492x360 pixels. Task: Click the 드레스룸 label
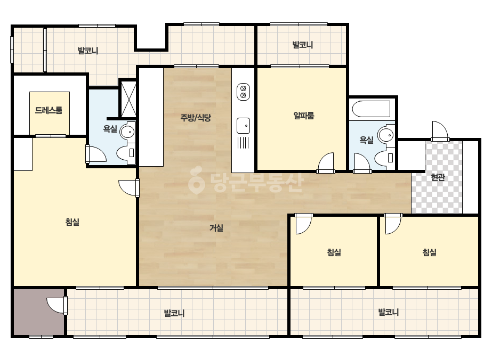(49, 110)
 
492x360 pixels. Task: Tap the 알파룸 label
(304, 116)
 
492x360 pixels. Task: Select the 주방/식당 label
(196, 118)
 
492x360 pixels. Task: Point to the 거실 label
(216, 228)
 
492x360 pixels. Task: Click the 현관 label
(438, 177)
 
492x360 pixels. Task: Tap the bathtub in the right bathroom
(371, 109)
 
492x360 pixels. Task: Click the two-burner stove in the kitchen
(243, 92)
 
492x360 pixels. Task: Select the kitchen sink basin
(243, 126)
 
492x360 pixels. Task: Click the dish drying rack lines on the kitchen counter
(243, 143)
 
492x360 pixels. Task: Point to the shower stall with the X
(128, 99)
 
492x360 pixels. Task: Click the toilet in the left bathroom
(126, 153)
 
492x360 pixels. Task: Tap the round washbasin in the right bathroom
(386, 135)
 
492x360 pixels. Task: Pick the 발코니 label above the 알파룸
(303, 45)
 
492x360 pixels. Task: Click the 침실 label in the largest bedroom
(72, 222)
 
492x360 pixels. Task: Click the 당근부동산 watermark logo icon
(196, 181)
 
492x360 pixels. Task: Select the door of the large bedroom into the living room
(129, 188)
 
